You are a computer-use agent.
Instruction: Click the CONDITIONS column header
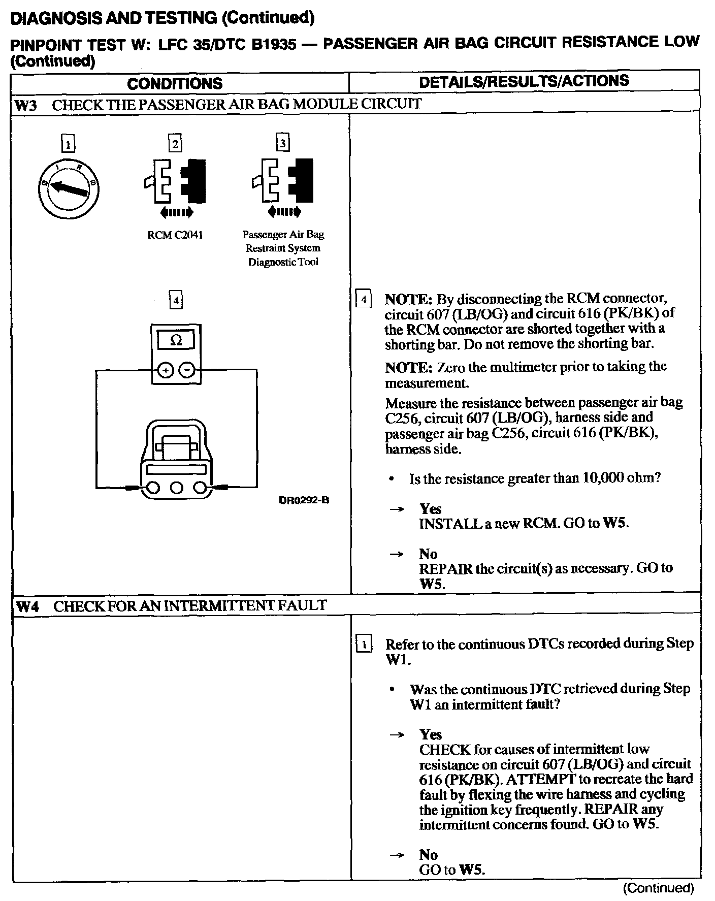[175, 84]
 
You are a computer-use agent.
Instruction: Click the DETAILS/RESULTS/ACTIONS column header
[524, 81]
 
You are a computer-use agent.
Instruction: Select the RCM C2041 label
[175, 235]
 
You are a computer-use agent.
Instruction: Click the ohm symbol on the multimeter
[176, 340]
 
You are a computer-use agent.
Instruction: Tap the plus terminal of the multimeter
[165, 371]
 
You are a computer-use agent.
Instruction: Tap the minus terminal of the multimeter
[187, 371]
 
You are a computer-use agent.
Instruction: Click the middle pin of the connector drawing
[176, 489]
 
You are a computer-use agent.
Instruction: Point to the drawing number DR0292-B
[304, 500]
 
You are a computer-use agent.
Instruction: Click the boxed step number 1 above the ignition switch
[68, 145]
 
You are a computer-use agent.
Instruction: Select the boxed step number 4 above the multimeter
[176, 300]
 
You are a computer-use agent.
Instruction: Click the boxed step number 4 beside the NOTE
[364, 299]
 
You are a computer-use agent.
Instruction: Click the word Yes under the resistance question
[430, 509]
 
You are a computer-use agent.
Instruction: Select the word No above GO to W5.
[429, 855]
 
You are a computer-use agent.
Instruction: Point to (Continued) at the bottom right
[658, 888]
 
